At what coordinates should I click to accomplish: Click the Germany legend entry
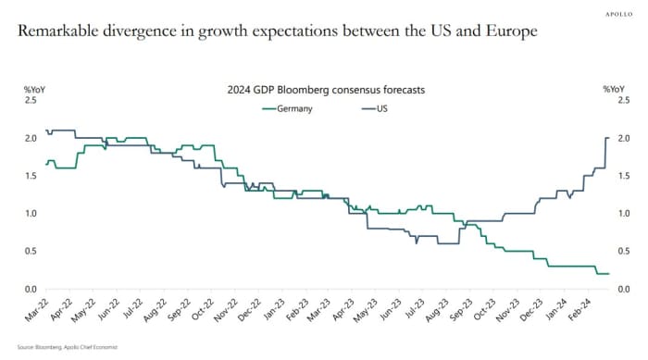coord(289,108)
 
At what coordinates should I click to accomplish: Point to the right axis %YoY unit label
coord(615,89)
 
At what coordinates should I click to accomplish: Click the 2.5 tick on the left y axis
coord(19,100)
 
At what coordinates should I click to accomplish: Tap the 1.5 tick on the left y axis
coord(19,176)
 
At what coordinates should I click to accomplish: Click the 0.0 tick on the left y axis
coord(19,290)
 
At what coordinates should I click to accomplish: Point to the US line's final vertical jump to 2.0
coord(605,153)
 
